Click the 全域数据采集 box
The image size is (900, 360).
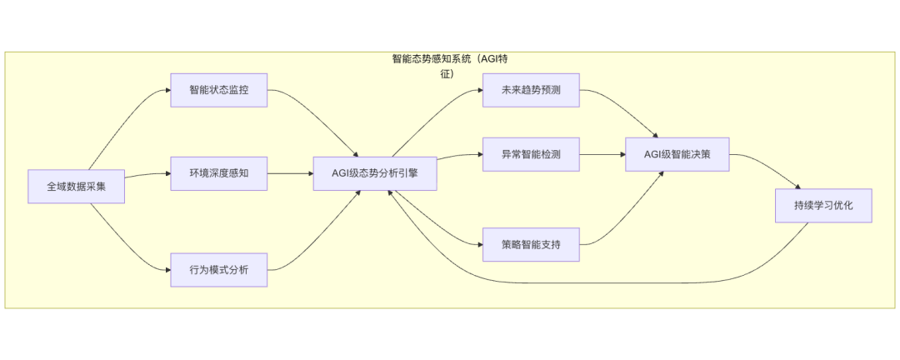76,187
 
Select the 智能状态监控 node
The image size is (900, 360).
218,90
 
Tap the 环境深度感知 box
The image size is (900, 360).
218,173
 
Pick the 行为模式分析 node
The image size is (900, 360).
218,269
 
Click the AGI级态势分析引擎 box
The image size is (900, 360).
374,173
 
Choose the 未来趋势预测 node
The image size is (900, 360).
530,90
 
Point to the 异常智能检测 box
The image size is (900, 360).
530,154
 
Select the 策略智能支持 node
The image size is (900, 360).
530,245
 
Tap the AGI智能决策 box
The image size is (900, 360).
677,154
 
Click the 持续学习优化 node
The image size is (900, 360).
822,205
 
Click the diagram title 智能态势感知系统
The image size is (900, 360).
449,59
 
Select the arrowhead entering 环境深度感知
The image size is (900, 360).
167,173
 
